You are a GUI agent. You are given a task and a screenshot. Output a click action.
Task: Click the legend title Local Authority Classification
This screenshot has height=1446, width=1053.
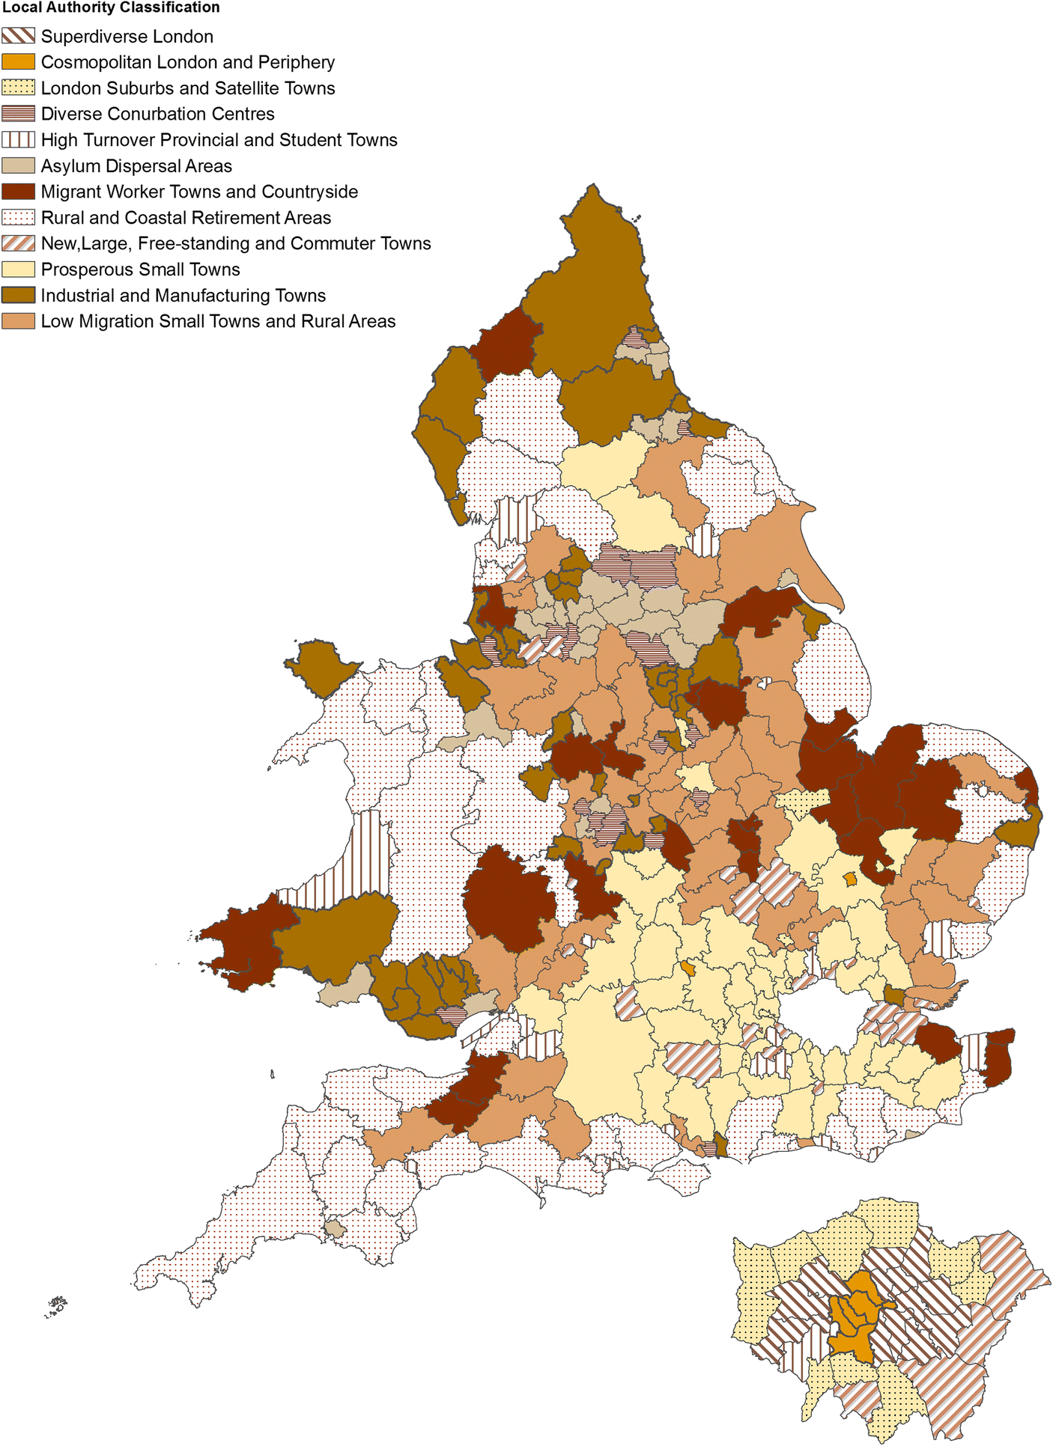(111, 7)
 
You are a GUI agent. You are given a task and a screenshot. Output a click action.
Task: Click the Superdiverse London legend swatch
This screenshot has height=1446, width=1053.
(18, 36)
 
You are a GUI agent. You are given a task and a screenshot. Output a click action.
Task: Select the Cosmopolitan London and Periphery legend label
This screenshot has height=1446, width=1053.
(187, 62)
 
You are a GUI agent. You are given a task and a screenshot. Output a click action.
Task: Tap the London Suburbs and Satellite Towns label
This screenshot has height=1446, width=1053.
(187, 88)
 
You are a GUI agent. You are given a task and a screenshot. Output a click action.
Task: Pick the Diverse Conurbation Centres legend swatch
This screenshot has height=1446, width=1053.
(18, 114)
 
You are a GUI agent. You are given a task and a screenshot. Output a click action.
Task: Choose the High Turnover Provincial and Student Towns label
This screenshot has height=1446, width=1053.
(219, 140)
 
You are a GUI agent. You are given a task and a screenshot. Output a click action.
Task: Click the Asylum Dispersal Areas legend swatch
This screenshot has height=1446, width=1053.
(18, 165)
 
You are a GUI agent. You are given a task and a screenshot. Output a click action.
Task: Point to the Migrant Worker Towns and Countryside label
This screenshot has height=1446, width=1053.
(199, 192)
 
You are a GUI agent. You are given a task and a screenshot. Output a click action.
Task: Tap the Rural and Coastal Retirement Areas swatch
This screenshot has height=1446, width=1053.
(18, 218)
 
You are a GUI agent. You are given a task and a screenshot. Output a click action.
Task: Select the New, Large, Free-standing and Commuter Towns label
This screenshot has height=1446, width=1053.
(236, 243)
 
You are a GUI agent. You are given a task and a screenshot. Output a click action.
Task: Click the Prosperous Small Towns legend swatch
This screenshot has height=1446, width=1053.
(18, 269)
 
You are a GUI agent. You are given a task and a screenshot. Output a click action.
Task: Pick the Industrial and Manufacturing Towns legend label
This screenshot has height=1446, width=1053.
(183, 296)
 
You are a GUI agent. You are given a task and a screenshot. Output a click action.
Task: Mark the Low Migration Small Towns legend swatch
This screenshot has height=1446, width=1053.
(18, 321)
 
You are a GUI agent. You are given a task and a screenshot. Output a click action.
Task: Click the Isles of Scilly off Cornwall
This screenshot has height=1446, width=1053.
(56, 1307)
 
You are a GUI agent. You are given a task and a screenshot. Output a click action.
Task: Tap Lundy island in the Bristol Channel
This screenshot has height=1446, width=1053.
(273, 1074)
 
